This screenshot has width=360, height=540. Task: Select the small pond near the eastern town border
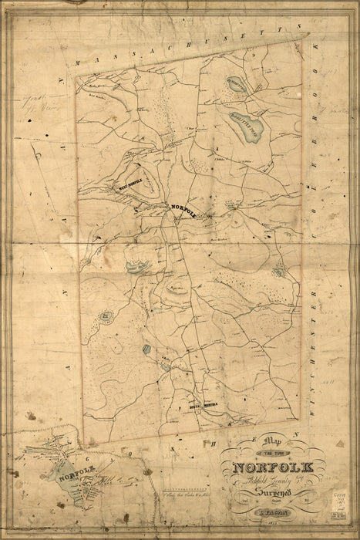281,269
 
